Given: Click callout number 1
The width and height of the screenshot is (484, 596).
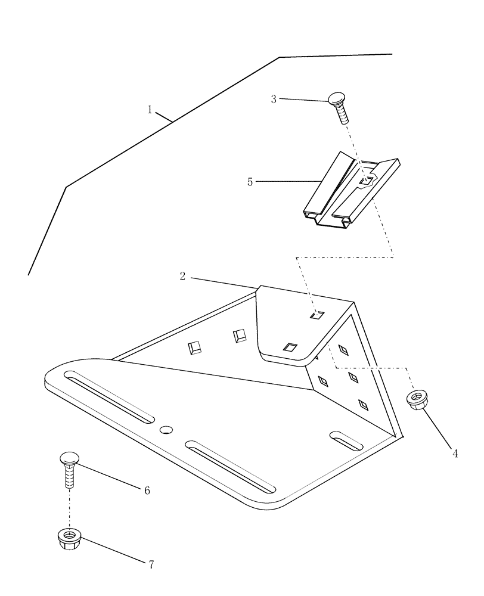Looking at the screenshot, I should point(150,109).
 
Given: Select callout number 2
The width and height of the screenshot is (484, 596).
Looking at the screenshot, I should point(183,276).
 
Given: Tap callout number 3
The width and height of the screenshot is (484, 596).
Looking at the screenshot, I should point(274,99).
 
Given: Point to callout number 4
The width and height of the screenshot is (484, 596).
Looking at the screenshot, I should point(455,454).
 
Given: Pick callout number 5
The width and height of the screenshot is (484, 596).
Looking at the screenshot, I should point(250,182).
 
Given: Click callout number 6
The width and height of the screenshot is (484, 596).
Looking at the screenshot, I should point(147,491).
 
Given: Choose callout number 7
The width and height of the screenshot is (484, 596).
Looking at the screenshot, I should point(151,564).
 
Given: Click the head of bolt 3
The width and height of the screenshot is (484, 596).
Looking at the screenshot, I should point(337,98).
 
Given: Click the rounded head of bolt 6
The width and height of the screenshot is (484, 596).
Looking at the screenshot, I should point(69,459).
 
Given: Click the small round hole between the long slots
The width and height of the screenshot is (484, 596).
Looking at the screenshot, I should point(166,429).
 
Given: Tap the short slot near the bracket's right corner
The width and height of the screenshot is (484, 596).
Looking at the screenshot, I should point(346,440).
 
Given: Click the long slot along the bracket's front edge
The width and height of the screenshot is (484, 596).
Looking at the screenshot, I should point(230,467).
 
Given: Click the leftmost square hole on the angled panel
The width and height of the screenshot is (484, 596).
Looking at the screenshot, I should point(194,347).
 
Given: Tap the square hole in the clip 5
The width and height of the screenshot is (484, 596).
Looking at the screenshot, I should point(368,179).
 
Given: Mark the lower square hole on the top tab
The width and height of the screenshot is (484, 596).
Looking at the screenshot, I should point(290,347).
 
